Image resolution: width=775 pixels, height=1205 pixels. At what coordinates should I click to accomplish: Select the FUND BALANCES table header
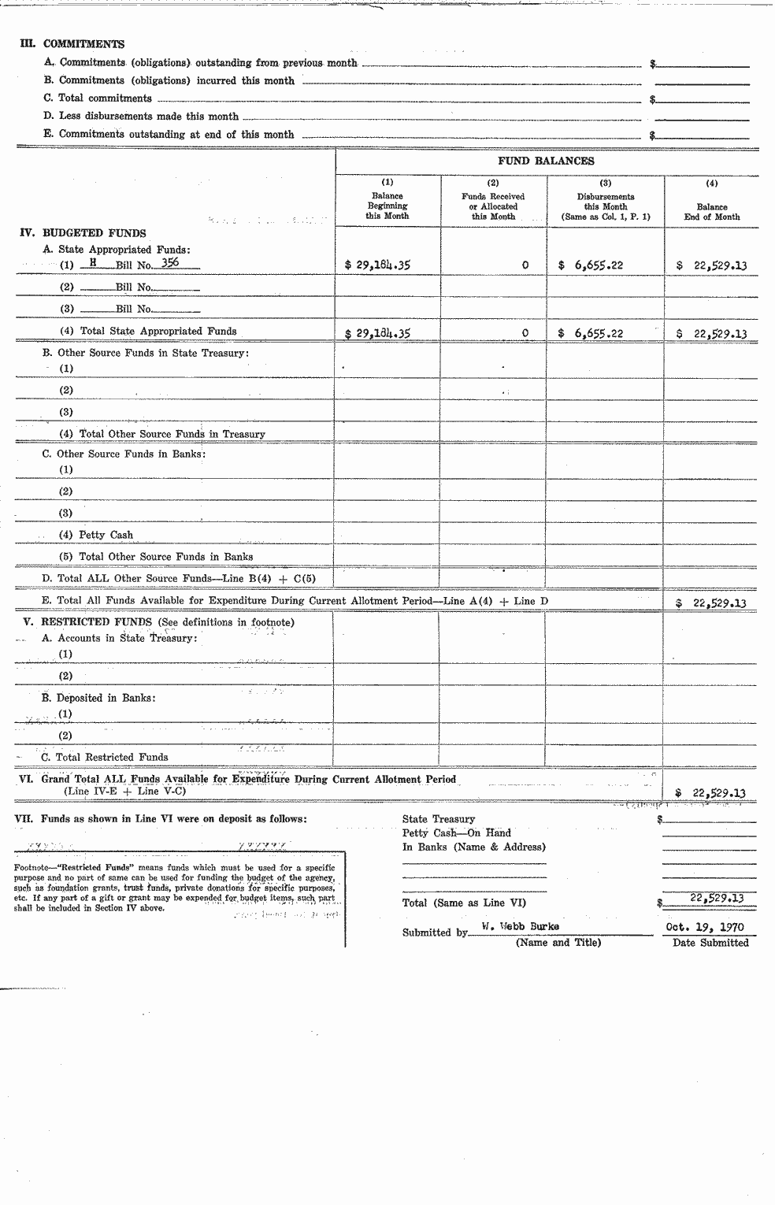pos(546,161)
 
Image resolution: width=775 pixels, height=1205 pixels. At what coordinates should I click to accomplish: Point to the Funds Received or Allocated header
pos(493,206)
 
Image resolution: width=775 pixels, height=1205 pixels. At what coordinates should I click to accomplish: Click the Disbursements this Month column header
pos(606,206)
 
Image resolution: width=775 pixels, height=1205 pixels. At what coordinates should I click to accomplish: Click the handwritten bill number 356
pos(170,263)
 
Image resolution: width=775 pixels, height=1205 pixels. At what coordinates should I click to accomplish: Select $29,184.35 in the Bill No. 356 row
pos(377,265)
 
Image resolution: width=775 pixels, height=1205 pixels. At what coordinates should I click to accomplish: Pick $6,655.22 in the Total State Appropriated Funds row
pos(591,333)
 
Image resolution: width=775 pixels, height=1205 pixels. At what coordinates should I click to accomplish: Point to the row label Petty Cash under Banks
pos(106,535)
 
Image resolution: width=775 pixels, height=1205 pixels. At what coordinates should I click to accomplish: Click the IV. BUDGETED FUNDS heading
pos(83,233)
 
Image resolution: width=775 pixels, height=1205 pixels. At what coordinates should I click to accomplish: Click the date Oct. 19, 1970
pos(705,927)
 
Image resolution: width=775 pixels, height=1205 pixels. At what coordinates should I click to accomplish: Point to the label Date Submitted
pos(710,943)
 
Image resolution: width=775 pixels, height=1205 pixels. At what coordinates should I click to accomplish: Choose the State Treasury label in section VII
pos(439,819)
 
